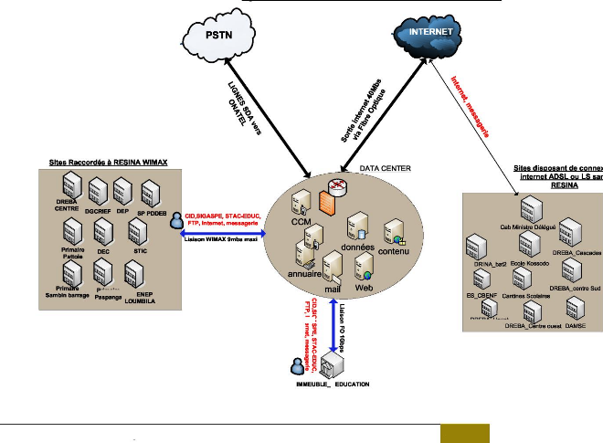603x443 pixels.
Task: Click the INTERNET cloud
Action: (431, 32)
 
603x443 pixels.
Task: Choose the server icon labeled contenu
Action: (394, 232)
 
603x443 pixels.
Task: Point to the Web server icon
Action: (364, 267)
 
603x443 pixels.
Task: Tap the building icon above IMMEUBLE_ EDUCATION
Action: (330, 366)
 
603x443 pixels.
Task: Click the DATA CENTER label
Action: (385, 169)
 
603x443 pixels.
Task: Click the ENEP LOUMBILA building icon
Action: (135, 274)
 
